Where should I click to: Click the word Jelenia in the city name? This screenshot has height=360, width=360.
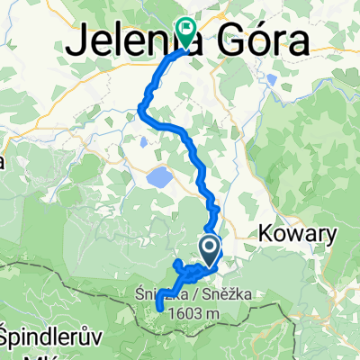(x=121, y=40)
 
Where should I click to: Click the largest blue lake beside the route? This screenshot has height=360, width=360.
(x=159, y=177)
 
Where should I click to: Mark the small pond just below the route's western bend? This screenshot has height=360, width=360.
(x=145, y=141)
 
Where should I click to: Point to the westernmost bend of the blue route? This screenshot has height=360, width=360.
(x=139, y=110)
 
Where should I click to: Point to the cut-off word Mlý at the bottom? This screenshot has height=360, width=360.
(x=18, y=352)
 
